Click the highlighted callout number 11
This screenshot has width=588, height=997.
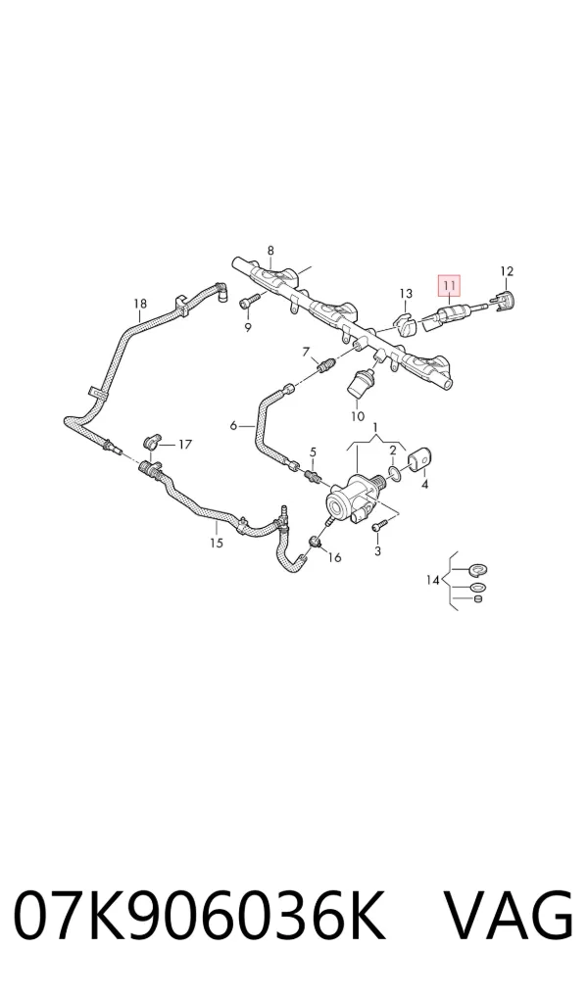pos(449,286)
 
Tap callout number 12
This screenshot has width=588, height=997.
pos(506,271)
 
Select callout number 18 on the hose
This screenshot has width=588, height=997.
pos(140,304)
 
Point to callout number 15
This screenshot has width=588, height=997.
pos(217,543)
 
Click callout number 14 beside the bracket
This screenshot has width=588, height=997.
pos(433,580)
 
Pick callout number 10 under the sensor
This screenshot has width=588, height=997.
pos(357,416)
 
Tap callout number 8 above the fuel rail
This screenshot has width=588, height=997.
pos(270,250)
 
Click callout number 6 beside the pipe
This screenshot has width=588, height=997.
pos(233,425)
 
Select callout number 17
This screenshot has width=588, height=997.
pos(184,445)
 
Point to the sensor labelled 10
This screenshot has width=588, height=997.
pos(361,383)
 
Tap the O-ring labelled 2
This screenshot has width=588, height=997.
pos(393,472)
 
